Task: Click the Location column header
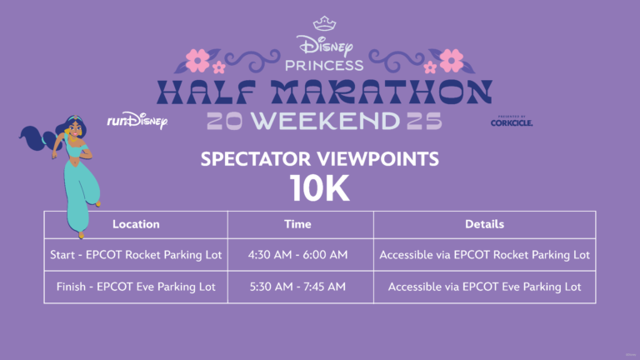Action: [x=136, y=224]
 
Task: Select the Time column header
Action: [x=298, y=224]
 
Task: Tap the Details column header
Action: [x=484, y=224]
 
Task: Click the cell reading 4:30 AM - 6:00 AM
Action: [x=298, y=255]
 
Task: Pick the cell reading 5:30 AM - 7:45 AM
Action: [x=298, y=287]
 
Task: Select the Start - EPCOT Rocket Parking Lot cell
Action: [x=136, y=255]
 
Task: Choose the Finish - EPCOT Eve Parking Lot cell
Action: [x=136, y=287]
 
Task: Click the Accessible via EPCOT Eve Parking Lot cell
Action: [x=484, y=287]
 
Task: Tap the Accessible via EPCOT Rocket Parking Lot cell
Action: [x=484, y=255]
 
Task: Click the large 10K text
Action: [x=320, y=188]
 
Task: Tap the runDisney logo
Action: [x=137, y=120]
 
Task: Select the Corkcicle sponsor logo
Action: [x=512, y=121]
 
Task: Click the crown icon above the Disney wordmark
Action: [x=324, y=23]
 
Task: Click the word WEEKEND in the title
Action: [x=325, y=120]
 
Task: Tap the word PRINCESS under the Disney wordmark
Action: [x=324, y=65]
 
